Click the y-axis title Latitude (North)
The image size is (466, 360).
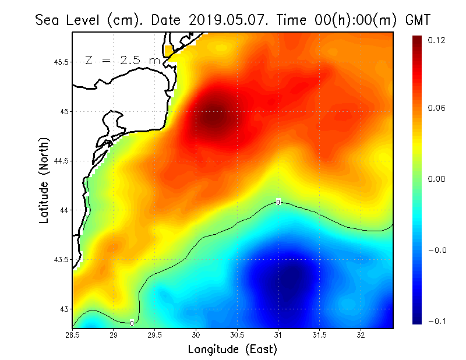44,179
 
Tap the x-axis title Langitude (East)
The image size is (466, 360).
232,350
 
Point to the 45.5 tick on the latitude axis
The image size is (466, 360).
60,62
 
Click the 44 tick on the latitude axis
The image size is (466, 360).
65,210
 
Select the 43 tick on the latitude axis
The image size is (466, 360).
65,309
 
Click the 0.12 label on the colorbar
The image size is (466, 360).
436,40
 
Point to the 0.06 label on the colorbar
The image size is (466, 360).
436,108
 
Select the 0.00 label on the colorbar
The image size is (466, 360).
436,179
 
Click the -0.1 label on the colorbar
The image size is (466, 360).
436,321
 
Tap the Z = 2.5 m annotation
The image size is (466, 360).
122,61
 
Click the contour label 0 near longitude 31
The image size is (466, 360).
278,202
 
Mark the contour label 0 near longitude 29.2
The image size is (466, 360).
132,323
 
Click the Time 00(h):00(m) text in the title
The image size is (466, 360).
332,20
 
